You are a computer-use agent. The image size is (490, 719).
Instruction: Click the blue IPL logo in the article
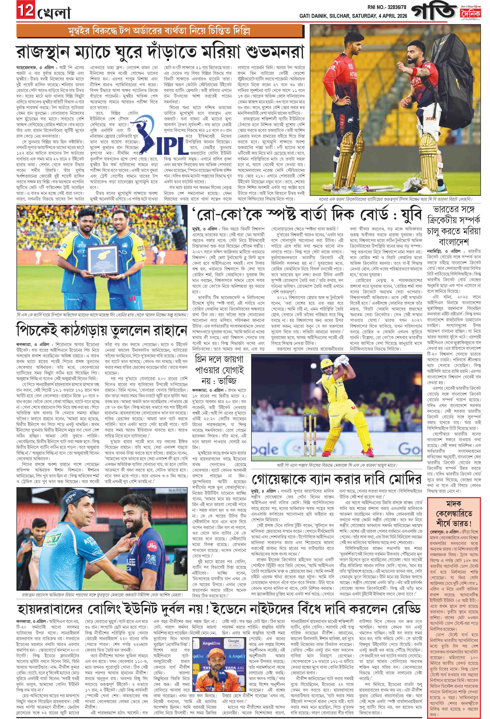click(x=152, y=136)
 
